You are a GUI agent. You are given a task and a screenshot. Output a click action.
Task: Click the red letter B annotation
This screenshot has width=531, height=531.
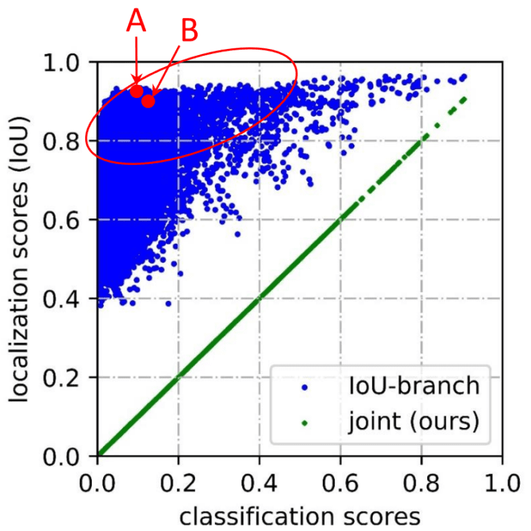tap(189, 30)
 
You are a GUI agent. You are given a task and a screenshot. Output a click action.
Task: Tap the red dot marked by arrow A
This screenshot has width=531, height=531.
tap(137, 90)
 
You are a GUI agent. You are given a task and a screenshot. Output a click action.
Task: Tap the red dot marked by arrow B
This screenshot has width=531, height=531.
tap(149, 101)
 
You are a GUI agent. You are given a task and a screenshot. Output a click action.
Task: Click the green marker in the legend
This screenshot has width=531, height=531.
tap(304, 421)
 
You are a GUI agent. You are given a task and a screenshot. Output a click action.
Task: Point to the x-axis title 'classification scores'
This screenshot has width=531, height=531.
tap(300, 515)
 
